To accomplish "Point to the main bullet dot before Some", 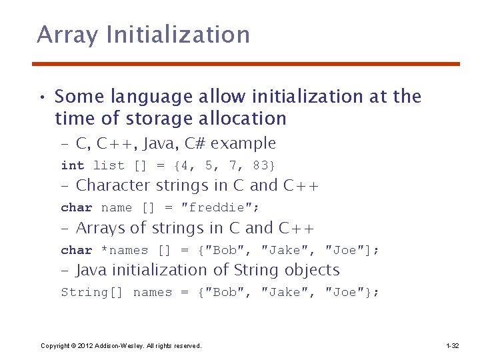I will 42,97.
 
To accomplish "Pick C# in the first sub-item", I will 206,143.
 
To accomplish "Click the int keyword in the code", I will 73,165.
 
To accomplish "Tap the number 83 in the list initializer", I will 261,165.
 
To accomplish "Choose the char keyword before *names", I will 77,250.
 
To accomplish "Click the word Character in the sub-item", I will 114,185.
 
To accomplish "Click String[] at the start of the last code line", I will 92,292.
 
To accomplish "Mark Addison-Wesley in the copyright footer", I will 117,345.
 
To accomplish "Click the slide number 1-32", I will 452,345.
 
